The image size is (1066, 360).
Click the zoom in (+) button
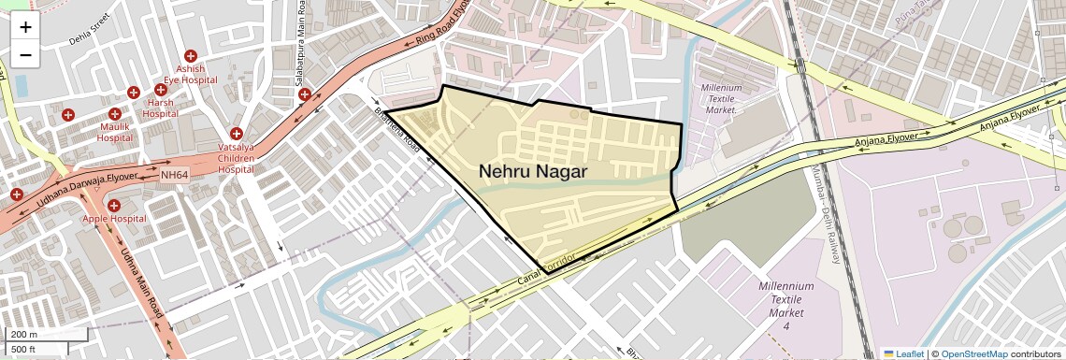25,27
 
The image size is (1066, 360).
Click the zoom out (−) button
25,55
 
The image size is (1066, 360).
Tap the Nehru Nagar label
533,171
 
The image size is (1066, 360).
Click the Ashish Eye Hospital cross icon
191,56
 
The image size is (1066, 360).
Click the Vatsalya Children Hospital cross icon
236,134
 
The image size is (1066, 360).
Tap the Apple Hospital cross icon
114,205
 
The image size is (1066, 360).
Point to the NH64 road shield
174,175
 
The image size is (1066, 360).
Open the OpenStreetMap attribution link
973,353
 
